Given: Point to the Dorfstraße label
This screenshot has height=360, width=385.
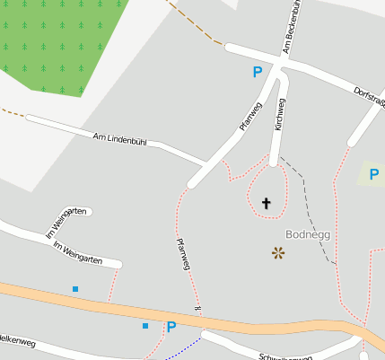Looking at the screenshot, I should [x=369, y=94].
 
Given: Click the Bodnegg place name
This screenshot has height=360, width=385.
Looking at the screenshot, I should [x=307, y=234].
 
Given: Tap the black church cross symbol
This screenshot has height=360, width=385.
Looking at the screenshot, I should [x=266, y=204].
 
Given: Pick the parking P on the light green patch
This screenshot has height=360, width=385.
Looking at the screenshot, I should [x=373, y=174].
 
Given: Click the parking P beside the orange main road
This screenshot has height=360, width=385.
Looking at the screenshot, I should [x=171, y=328].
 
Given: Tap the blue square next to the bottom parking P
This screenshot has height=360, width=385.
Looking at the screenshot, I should [x=144, y=326].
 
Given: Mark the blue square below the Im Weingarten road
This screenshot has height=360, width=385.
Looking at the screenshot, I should [x=75, y=289].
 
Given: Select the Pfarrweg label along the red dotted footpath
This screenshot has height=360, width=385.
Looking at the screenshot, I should [x=183, y=254].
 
